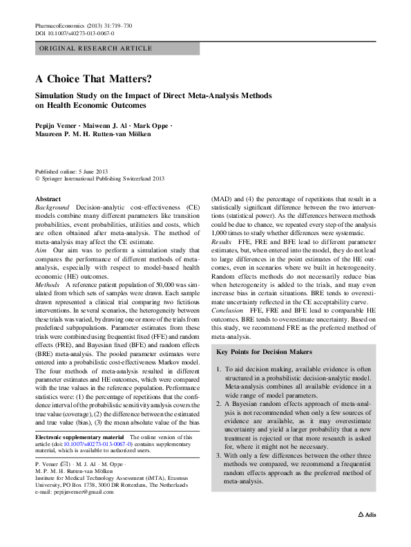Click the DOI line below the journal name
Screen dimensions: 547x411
pos(75,33)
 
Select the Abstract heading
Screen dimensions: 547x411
pos(48,198)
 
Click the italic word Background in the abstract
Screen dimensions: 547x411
pos(52,207)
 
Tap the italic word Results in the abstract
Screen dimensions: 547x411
pos(222,263)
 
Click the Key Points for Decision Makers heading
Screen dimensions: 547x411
pos(270,353)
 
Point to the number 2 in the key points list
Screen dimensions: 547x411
pos(220,402)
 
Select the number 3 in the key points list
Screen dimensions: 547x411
pos(220,455)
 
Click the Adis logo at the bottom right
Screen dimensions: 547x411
pos(367,535)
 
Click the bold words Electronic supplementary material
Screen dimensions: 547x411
pos(79,438)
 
